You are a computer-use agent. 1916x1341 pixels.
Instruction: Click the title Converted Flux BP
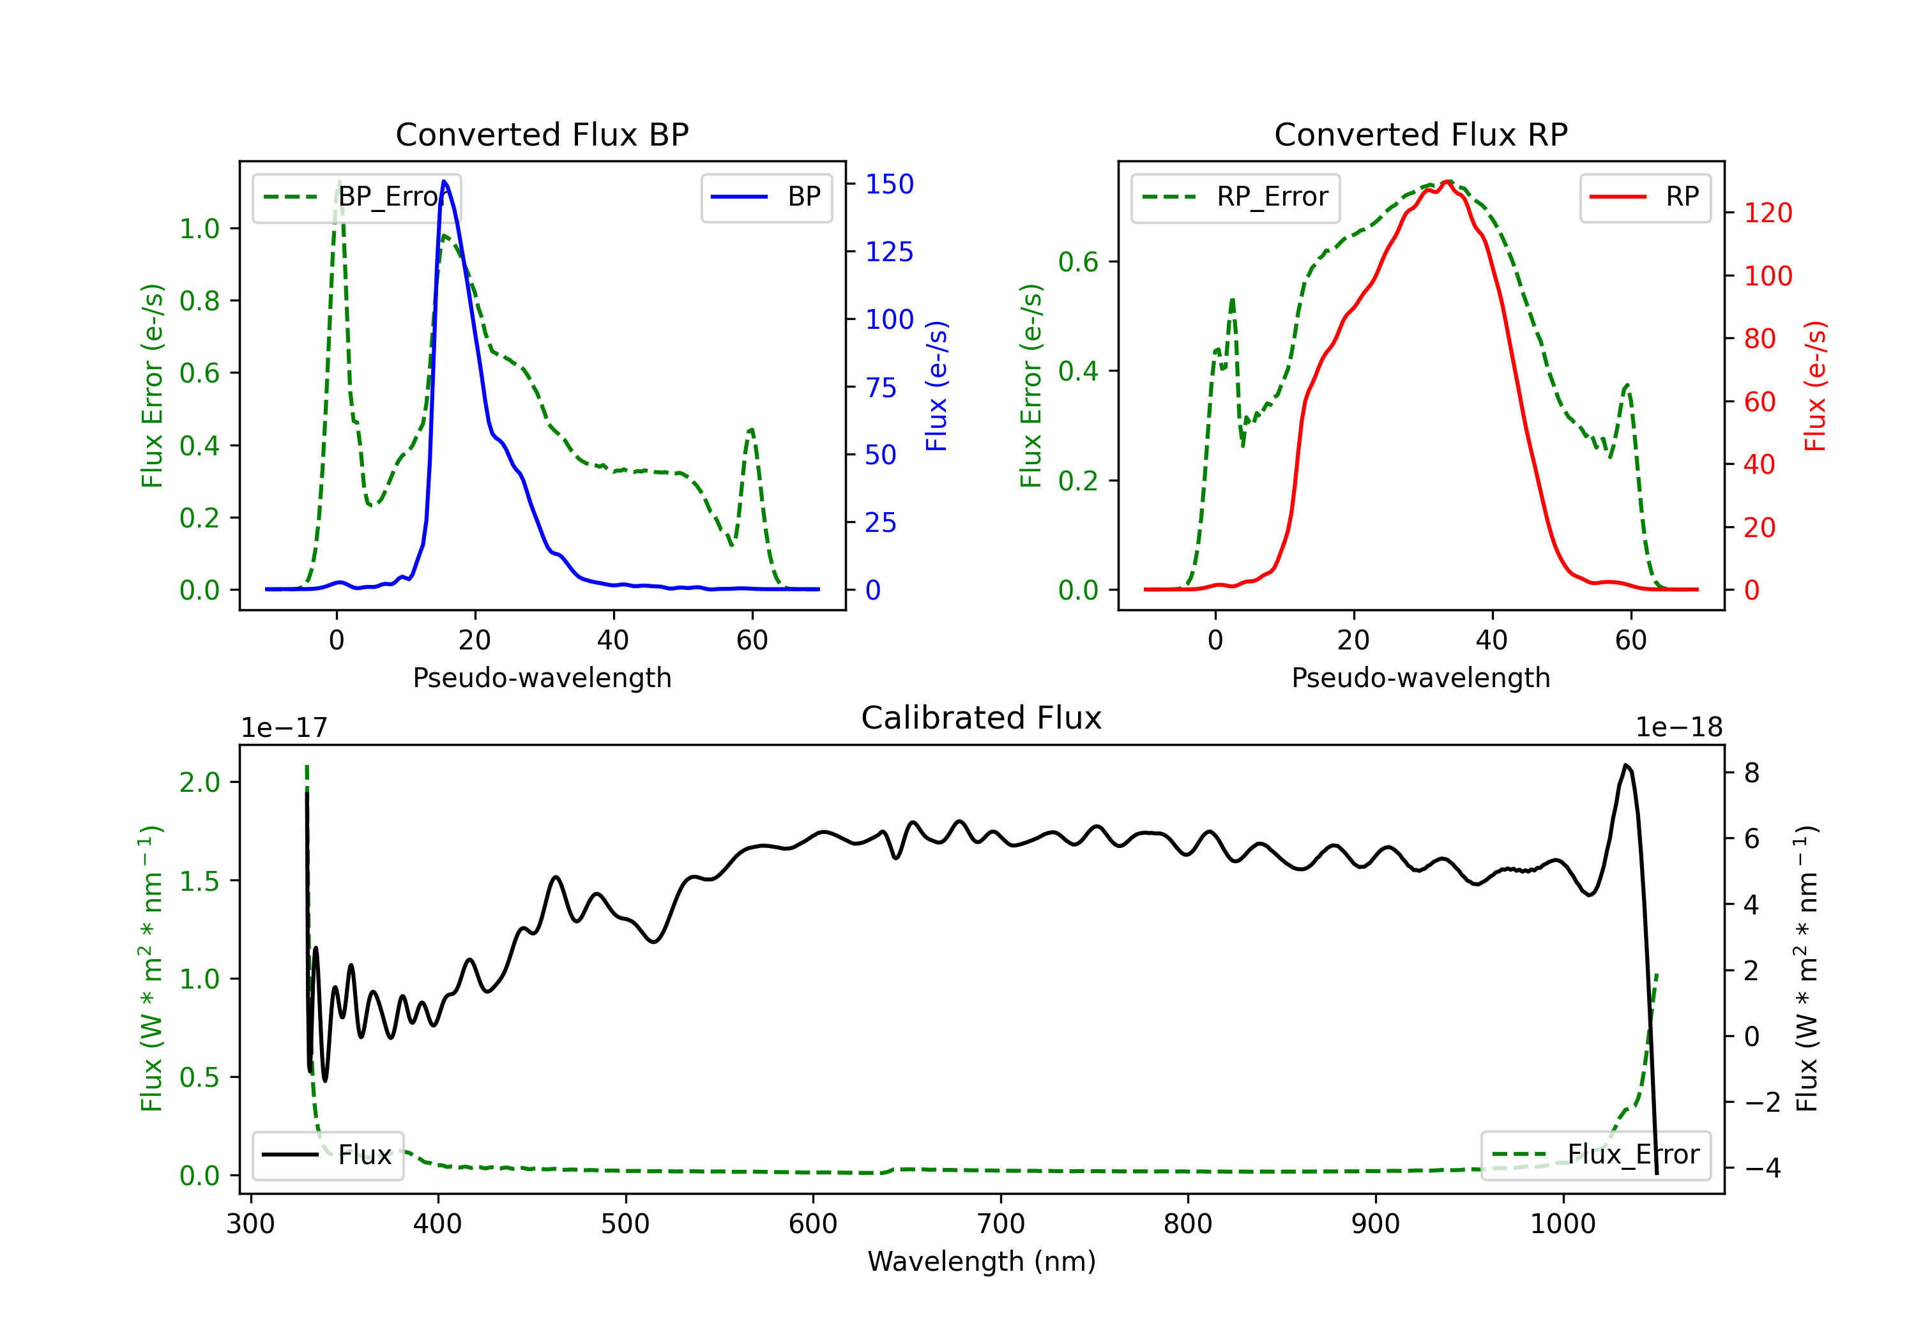542,134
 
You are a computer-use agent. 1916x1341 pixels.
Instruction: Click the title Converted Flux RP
1420,134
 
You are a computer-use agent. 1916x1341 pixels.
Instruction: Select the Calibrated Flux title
982,718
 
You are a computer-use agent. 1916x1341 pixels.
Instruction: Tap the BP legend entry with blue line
766,197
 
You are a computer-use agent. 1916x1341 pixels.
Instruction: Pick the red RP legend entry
1645,197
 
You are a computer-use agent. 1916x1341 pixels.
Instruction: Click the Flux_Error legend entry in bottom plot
1595,1155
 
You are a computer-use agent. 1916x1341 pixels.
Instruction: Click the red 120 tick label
1768,213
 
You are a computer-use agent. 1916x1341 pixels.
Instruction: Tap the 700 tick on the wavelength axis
1001,1224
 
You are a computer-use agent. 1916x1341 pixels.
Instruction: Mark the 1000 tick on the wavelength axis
1563,1224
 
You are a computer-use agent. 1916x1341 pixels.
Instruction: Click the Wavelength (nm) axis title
982,1261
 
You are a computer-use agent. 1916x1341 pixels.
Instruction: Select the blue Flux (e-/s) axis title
937,386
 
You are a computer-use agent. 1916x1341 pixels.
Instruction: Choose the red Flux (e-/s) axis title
1816,386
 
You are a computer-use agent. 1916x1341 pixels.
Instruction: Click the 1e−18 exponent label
1679,727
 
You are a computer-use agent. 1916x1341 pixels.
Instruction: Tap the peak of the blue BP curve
444,181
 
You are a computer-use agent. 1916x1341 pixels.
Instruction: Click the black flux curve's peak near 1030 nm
1625,765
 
